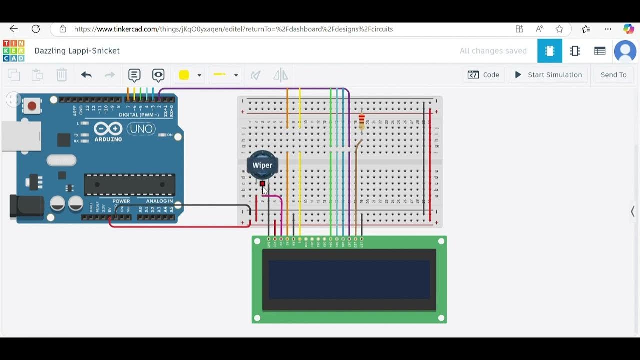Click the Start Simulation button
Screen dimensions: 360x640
pos(548,75)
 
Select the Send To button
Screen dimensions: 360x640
pos(613,75)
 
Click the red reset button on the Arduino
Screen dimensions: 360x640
pos(32,106)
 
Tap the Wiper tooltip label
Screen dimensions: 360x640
pos(262,165)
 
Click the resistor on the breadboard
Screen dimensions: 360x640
pos(362,121)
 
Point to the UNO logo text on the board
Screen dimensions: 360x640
pos(141,129)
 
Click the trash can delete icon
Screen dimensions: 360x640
pos(61,75)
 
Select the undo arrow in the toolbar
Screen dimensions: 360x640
pos(86,75)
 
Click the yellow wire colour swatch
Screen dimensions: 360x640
pos(184,75)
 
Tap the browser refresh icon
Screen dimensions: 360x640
pos(35,29)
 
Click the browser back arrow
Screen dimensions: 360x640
pos(14,29)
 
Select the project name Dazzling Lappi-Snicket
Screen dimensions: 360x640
pos(77,51)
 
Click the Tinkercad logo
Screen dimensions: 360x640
pos(13,51)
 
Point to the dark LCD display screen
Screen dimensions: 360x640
pos(349,279)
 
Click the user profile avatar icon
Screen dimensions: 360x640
pos(625,51)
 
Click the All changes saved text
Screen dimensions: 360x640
pos(493,51)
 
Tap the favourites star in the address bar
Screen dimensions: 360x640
pos(559,29)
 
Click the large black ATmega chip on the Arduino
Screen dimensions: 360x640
pos(129,184)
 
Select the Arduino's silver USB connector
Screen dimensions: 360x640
pos(21,135)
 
